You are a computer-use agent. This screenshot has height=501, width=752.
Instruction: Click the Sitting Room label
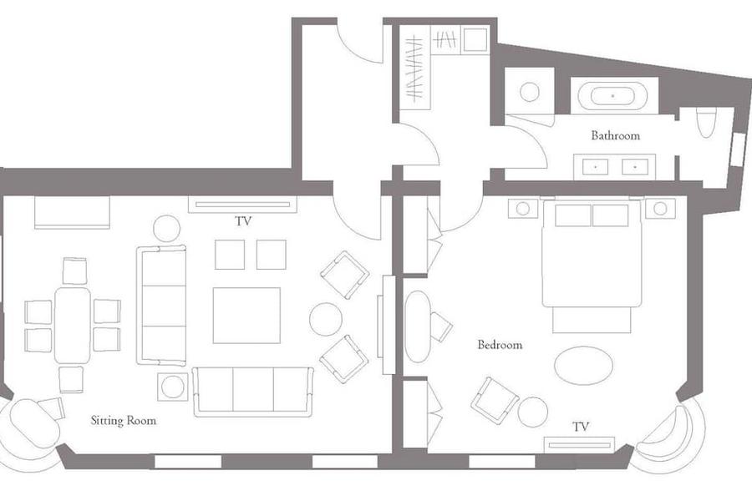[x=124, y=421]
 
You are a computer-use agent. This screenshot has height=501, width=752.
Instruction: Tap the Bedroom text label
[x=500, y=345]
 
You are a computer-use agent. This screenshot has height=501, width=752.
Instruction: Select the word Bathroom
[x=615, y=135]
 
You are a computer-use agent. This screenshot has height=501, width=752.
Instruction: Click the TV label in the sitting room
[x=243, y=221]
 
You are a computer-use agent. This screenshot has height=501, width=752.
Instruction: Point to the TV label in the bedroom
[x=581, y=426]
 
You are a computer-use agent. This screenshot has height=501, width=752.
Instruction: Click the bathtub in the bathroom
[x=612, y=96]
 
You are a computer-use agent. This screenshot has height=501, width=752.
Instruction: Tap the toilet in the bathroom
[x=706, y=122]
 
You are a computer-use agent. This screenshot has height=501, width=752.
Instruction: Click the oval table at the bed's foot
[x=583, y=366]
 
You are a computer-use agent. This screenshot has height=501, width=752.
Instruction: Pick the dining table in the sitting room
[x=73, y=325]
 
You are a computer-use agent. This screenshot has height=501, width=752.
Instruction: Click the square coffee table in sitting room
[x=246, y=316]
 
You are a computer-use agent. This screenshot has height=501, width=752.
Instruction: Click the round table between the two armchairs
[x=326, y=319]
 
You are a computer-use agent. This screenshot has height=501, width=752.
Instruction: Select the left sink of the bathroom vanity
[x=595, y=167]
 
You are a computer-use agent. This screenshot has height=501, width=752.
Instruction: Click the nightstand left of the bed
[x=523, y=209]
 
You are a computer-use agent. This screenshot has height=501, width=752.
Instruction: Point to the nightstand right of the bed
[x=660, y=209]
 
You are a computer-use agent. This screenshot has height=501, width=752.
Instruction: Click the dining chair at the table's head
[x=75, y=271]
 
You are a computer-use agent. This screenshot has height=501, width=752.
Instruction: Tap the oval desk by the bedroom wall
[x=417, y=326]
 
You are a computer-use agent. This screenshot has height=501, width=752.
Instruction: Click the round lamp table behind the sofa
[x=166, y=229]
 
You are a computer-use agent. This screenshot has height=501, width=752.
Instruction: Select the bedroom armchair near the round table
[x=495, y=401]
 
